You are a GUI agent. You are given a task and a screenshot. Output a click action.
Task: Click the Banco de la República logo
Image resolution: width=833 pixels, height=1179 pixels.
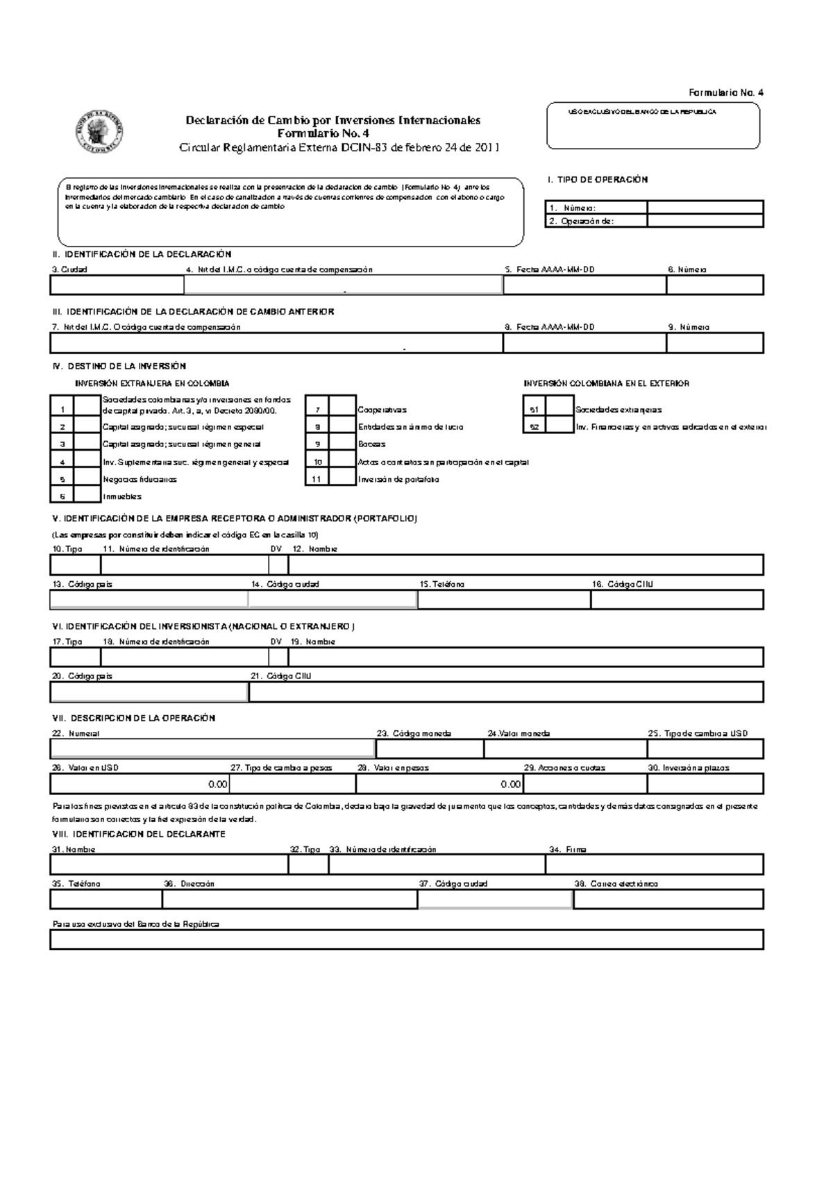[98, 131]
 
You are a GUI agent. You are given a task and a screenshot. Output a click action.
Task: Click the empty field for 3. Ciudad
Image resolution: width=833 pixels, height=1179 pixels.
[117, 285]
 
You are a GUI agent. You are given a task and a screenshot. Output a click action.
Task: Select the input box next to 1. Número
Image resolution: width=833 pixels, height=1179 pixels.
[705, 208]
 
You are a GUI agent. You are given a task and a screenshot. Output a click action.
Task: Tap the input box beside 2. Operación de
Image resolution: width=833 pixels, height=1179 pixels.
[705, 221]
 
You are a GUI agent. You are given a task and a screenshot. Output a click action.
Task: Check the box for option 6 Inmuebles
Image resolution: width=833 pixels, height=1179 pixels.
[87, 495]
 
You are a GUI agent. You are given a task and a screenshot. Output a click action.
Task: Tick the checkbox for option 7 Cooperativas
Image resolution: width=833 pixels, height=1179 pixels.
[342, 410]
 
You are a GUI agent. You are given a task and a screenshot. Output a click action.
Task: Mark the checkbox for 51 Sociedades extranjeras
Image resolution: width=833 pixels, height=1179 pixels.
[559, 410]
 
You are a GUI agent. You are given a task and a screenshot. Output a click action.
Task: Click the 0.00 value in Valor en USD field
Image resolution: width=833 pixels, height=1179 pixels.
[217, 784]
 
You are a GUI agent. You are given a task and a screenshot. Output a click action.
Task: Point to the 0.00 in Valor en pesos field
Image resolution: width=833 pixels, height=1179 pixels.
[510, 784]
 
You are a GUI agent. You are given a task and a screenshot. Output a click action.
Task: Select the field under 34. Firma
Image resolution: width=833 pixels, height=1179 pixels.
[654, 864]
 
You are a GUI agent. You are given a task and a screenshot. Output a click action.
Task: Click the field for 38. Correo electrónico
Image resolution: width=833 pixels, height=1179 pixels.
[668, 899]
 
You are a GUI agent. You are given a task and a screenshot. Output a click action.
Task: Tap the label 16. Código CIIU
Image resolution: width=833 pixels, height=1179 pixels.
[622, 585]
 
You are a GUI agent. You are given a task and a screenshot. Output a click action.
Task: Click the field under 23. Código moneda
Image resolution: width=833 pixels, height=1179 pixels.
[429, 749]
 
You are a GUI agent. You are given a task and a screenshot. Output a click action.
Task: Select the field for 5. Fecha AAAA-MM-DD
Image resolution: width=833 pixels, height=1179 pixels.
[584, 285]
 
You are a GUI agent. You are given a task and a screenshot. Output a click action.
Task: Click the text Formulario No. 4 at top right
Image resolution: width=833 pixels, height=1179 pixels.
[725, 92]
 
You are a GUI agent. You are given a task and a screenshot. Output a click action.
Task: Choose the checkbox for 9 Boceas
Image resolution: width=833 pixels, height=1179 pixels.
[342, 444]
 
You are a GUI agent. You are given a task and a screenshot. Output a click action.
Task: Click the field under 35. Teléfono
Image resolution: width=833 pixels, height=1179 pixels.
[106, 899]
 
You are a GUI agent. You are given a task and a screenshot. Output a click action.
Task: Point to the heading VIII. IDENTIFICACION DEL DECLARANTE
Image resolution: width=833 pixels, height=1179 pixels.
[139, 834]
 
